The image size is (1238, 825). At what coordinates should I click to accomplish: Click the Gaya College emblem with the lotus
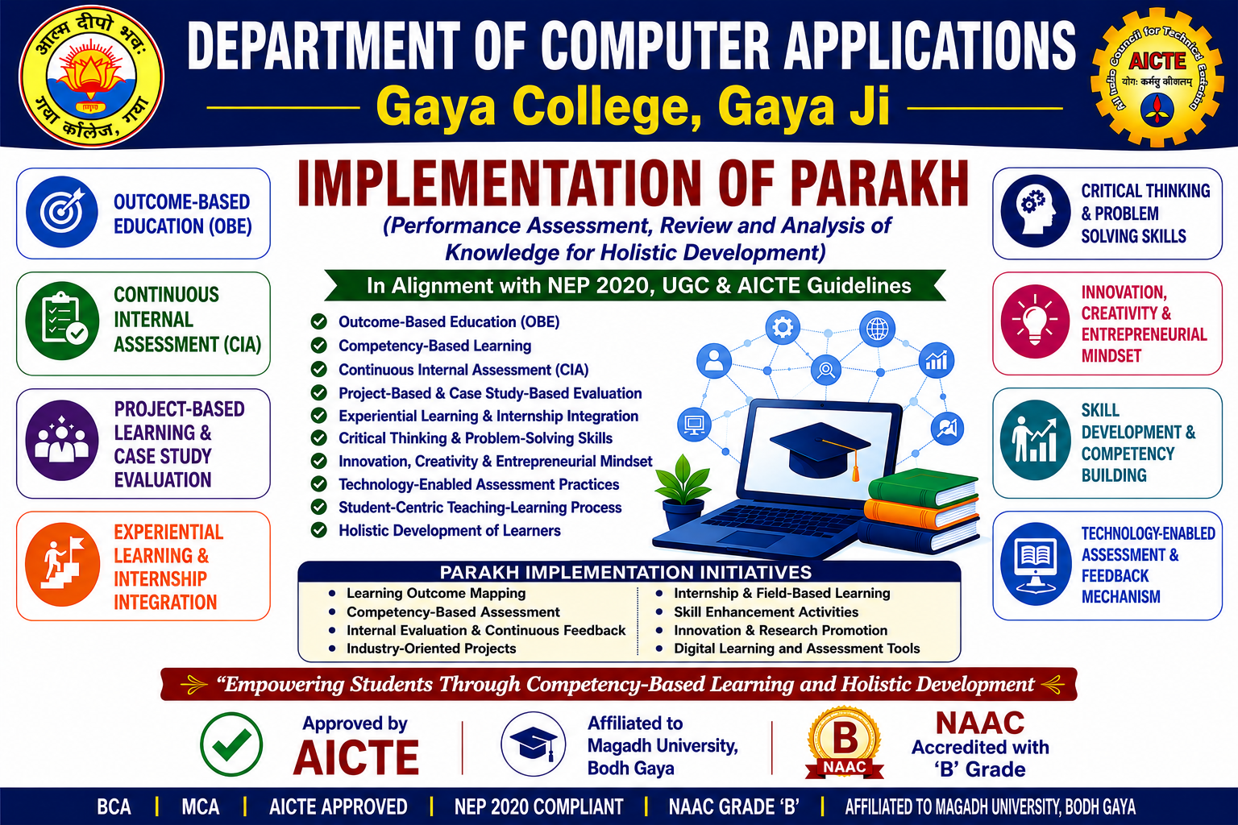[91, 77]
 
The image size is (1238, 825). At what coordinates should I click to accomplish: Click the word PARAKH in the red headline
[879, 183]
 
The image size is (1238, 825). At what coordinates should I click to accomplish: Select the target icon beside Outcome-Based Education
[62, 212]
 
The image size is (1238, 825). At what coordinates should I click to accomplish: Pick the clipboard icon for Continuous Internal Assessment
[62, 321]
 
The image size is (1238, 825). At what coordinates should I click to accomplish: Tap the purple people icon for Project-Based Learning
[62, 440]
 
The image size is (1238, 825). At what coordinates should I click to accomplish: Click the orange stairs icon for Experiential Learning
[62, 564]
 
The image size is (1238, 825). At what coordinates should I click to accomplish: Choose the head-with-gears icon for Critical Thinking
[1035, 211]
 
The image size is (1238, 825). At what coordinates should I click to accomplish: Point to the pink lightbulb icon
[1035, 321]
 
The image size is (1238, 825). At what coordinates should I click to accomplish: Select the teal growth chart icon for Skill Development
[1035, 440]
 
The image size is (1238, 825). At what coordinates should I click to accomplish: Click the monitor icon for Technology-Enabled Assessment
[1035, 564]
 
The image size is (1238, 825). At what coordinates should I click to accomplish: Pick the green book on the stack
[922, 487]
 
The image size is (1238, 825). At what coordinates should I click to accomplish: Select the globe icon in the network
[877, 330]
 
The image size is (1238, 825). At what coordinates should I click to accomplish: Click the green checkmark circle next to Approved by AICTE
[231, 744]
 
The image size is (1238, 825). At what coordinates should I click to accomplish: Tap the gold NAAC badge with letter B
[845, 743]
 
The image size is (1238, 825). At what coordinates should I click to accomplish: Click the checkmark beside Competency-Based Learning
[319, 346]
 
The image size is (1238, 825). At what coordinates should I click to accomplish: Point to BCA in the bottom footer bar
[114, 806]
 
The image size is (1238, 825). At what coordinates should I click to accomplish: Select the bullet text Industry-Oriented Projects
[431, 649]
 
